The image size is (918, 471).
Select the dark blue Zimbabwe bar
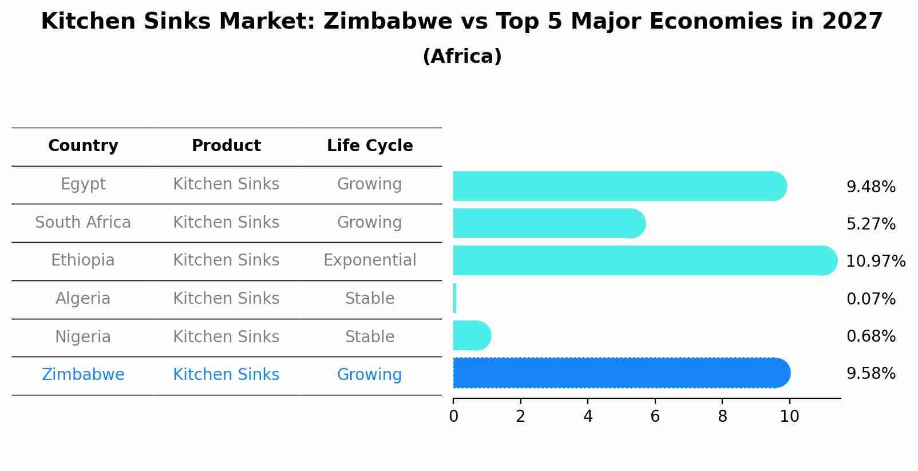[x=622, y=373]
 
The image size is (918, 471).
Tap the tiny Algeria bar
[x=454, y=298]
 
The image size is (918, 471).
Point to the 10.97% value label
[x=876, y=262]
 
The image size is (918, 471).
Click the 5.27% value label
[x=870, y=224]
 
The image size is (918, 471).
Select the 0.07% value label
[x=870, y=299]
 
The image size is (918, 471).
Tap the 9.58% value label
[x=870, y=374]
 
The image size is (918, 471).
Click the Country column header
[x=83, y=146]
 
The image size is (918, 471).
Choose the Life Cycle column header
[x=370, y=146]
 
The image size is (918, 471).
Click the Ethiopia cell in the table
[x=83, y=260]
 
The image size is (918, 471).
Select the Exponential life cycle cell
[x=370, y=260]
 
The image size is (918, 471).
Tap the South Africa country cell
[x=83, y=222]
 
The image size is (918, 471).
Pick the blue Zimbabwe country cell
[x=83, y=375]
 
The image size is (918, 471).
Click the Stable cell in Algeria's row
[x=370, y=299]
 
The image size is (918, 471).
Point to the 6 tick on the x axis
[x=655, y=416]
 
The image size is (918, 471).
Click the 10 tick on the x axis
[x=789, y=416]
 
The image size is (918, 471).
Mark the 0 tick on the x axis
[x=453, y=416]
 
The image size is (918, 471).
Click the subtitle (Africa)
[x=462, y=57]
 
